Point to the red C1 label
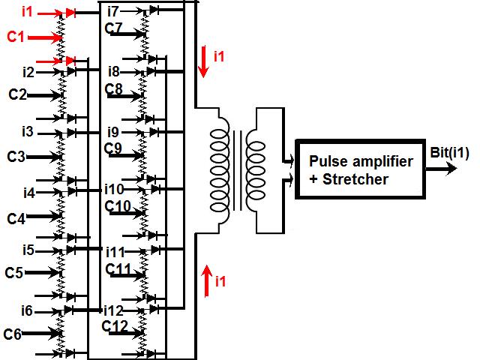tap(16, 36)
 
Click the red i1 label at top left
tap(28, 12)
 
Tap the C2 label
tap(17, 95)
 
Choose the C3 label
tap(16, 157)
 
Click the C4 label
tap(16, 218)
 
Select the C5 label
tap(14, 272)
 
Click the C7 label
tap(115, 28)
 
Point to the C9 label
tap(115, 148)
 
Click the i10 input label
tap(115, 188)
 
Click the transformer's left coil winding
tap(220, 171)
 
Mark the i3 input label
tap(28, 132)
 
